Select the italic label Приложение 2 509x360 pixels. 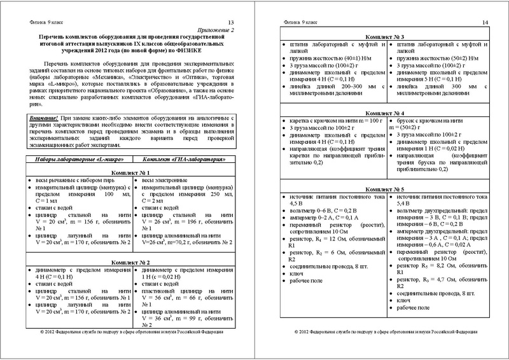click(x=218, y=30)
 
